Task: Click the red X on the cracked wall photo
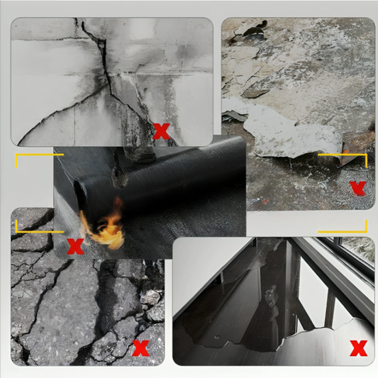[162, 131]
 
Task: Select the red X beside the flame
[73, 247]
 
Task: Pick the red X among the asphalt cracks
[141, 348]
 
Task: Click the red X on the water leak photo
[359, 348]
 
